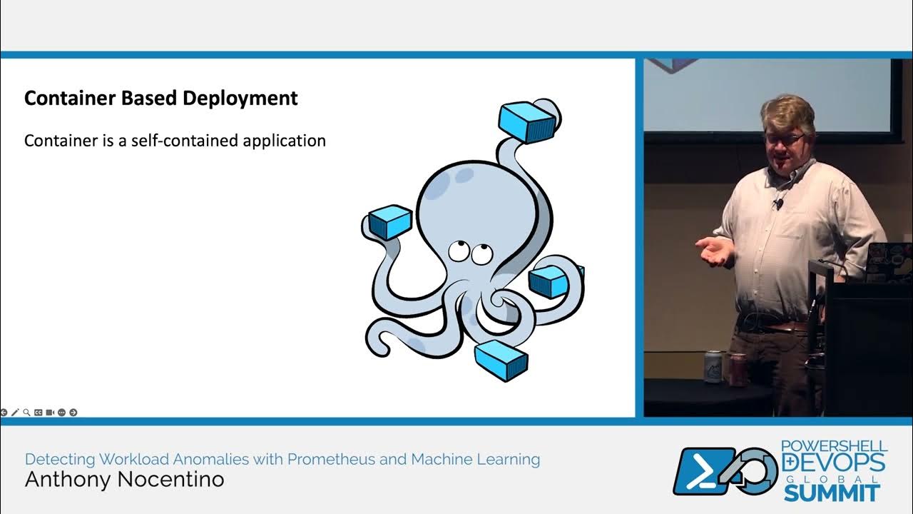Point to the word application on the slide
284,141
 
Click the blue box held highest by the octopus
527,121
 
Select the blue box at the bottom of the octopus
501,360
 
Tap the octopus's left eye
458,251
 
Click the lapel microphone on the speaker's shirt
778,204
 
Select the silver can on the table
714,366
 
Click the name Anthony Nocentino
124,480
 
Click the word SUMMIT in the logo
832,493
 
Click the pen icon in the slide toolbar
15,413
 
